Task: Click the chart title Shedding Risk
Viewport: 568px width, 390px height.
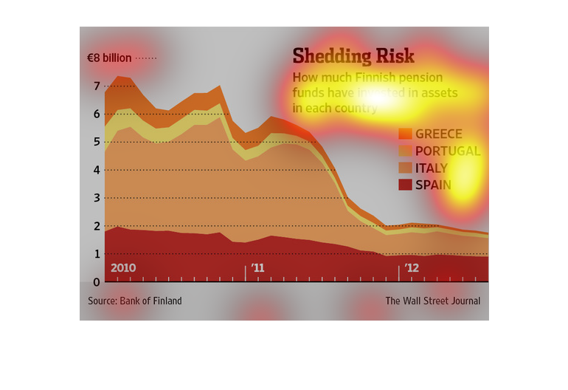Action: [353, 56]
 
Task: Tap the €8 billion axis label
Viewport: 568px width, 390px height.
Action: [109, 58]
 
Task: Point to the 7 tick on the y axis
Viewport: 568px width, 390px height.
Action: [97, 86]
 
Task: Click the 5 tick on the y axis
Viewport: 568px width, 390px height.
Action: [97, 143]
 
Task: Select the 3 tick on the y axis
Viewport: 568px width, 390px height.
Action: [97, 198]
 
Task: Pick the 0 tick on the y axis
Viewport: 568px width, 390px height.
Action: [97, 281]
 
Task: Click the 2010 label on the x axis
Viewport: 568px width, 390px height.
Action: [123, 267]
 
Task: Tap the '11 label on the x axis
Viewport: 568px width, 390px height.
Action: [257, 267]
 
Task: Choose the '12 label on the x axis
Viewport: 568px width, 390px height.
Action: [412, 267]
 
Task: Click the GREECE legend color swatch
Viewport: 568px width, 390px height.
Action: [405, 134]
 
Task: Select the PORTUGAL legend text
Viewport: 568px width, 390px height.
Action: [448, 151]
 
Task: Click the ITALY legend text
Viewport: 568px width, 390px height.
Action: [432, 168]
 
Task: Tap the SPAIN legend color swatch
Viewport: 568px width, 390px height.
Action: [405, 185]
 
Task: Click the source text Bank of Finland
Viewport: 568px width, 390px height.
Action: [135, 301]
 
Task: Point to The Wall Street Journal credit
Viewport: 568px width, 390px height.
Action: [432, 301]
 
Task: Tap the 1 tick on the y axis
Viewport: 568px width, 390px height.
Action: [97, 253]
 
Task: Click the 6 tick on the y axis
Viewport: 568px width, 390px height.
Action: [97, 114]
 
